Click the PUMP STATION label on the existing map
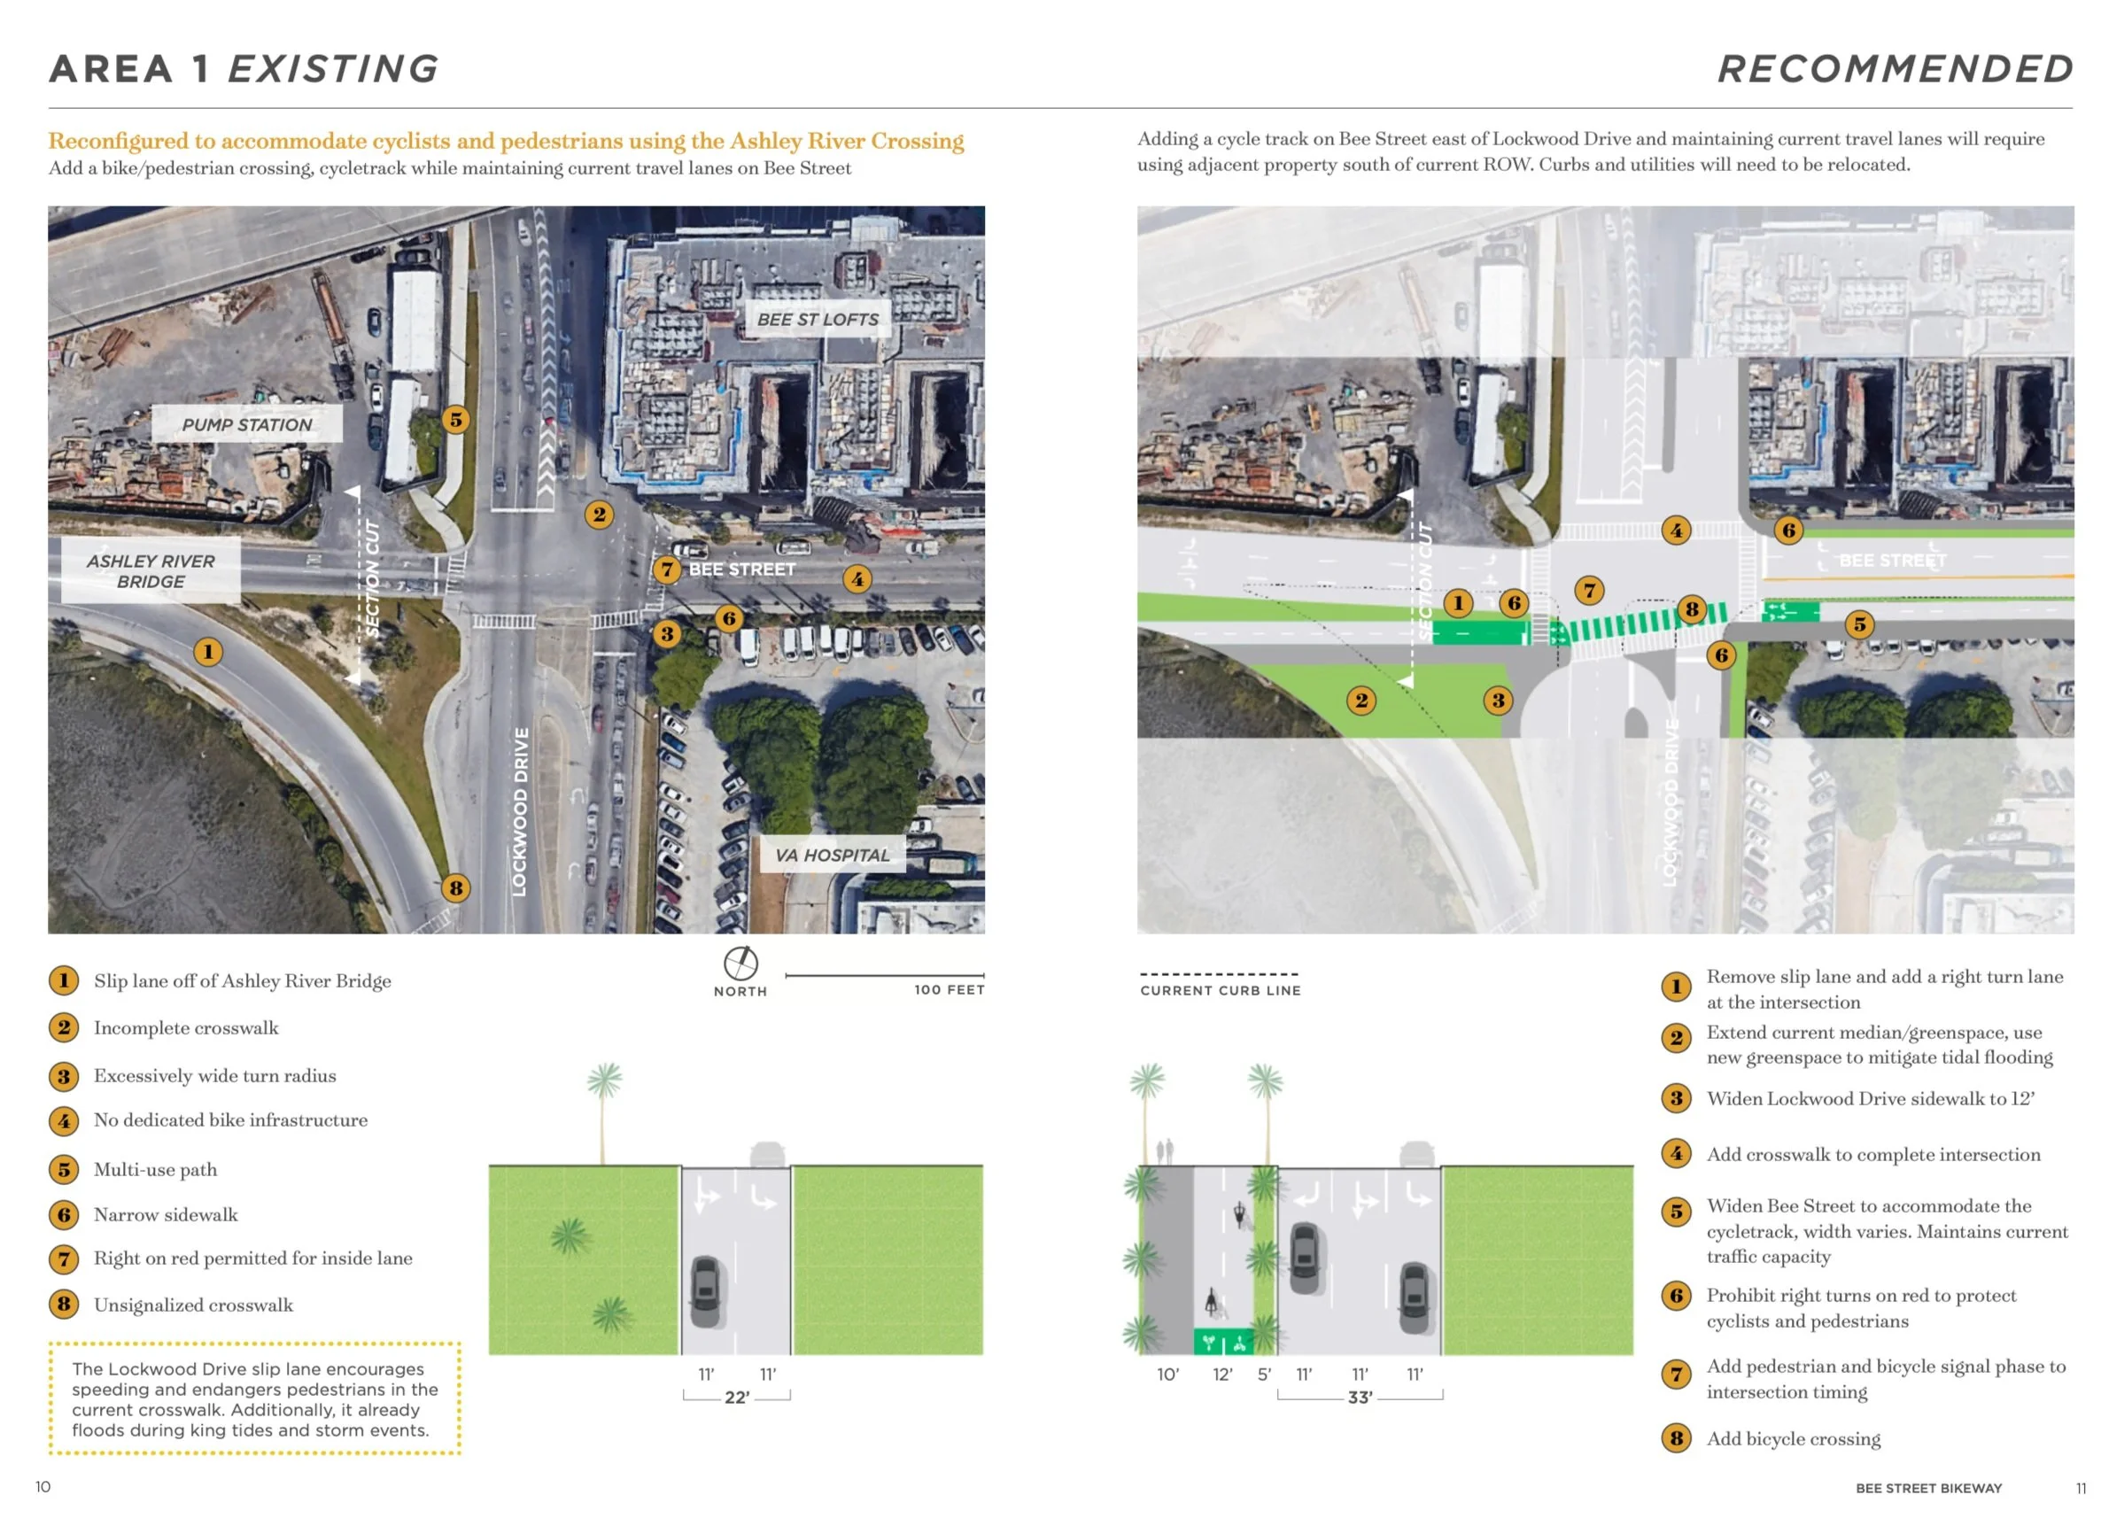(247, 424)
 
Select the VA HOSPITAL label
(832, 856)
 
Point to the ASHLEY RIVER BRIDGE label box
(151, 570)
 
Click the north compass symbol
(740, 963)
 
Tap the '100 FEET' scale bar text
(949, 990)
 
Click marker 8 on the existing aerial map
(456, 888)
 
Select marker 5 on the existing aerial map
(456, 420)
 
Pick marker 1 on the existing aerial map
(207, 652)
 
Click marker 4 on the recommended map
(1676, 530)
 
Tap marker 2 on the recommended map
(1361, 701)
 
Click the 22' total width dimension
(737, 1398)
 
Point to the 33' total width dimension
(1360, 1398)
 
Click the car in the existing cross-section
(706, 1291)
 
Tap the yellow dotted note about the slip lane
(254, 1399)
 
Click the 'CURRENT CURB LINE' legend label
(1220, 990)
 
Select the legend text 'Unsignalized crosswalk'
(193, 1305)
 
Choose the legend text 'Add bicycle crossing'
(1793, 1438)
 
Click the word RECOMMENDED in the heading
(1895, 69)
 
